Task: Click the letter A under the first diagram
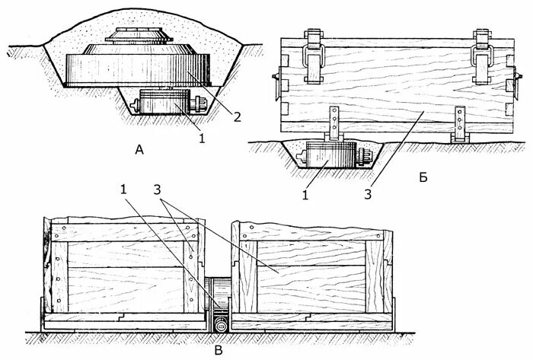coord(139,149)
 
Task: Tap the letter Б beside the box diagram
coord(423,177)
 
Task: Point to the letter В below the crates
coord(219,350)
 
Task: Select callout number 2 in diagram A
coord(237,117)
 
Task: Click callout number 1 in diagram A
coord(202,139)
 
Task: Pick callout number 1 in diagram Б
coord(305,195)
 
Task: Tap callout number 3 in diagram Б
coord(368,194)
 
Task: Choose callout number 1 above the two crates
coord(123,190)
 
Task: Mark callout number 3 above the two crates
coord(157,190)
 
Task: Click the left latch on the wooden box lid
coord(313,56)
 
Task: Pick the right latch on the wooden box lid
coord(482,57)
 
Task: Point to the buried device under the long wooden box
coord(334,155)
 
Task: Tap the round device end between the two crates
coord(221,325)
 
